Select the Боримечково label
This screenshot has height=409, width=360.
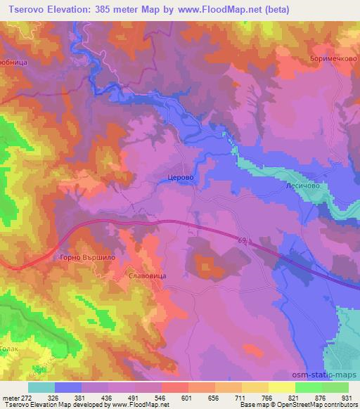pos(330,59)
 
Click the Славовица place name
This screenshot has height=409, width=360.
pos(148,276)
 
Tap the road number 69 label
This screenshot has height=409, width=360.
pos(243,241)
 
